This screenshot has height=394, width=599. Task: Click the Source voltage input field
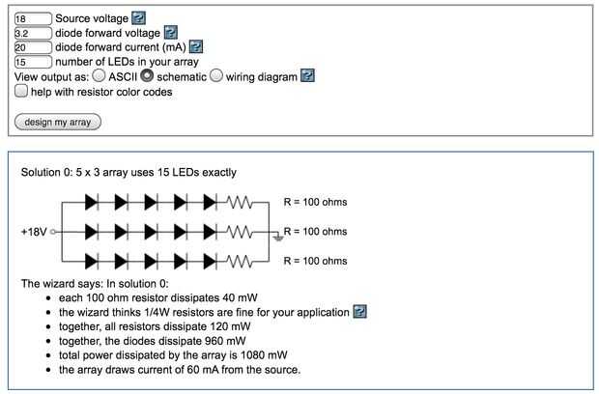(x=33, y=18)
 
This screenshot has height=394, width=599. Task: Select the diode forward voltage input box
(x=33, y=32)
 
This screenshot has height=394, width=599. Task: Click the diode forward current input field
(x=33, y=46)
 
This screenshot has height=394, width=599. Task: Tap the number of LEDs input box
(x=33, y=61)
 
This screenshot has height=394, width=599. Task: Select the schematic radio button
(x=147, y=75)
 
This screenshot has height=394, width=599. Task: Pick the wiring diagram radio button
(x=216, y=75)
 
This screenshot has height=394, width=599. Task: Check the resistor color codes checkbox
(x=21, y=92)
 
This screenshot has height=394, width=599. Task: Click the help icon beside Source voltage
(x=138, y=18)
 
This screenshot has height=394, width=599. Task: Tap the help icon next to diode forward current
(x=195, y=46)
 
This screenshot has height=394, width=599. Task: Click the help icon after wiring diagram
(x=307, y=75)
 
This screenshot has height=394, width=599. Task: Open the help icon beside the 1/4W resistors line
(x=360, y=312)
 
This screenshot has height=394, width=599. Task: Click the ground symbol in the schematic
(x=276, y=236)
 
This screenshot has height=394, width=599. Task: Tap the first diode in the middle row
(x=92, y=232)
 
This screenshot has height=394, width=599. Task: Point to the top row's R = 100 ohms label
(x=315, y=203)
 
